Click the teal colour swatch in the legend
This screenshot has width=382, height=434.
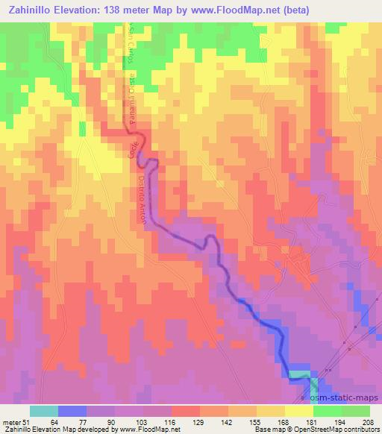pos(44,411)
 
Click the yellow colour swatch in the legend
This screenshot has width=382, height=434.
pos(299,411)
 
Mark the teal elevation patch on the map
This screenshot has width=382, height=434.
pos(299,374)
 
